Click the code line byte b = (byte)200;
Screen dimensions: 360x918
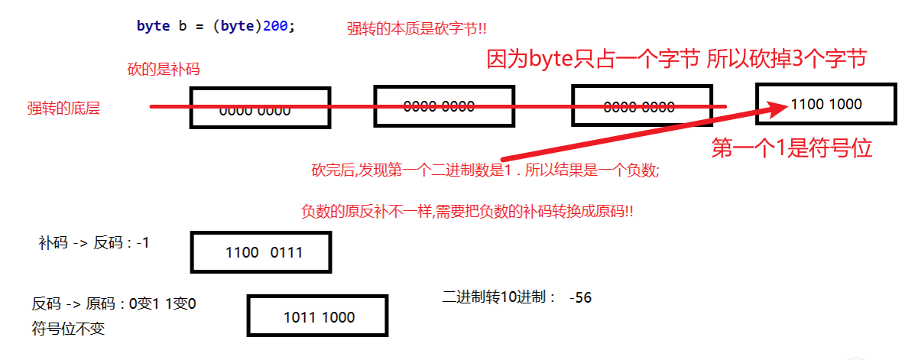[215, 25]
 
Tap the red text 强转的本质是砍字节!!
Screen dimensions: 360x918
[417, 28]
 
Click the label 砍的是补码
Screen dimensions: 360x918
[163, 70]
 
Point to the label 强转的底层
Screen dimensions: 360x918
[63, 109]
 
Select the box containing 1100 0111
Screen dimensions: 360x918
[261, 252]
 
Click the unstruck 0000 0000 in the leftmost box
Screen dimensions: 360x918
[255, 111]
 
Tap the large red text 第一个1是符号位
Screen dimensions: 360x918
[792, 148]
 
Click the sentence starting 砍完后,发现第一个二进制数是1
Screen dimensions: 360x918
[485, 171]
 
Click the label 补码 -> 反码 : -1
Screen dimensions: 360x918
[93, 243]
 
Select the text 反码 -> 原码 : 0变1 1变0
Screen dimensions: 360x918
[114, 303]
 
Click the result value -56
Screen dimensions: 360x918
[580, 297]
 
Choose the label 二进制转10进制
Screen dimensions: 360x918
[498, 297]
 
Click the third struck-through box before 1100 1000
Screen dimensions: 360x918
[639, 106]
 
